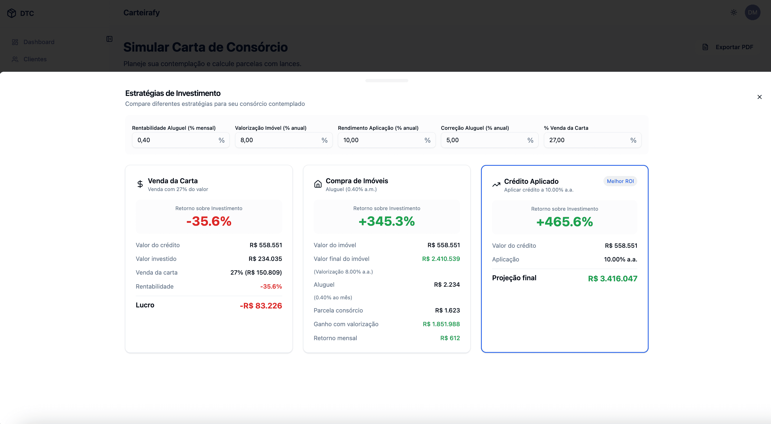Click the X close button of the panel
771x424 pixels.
coord(759,97)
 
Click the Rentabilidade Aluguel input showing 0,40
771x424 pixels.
coord(176,140)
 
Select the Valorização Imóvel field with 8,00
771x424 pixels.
coord(280,140)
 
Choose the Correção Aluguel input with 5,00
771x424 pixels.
coord(486,140)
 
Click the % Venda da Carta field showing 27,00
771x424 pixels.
coord(588,140)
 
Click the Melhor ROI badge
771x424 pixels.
coord(620,181)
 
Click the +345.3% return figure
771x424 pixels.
coord(386,221)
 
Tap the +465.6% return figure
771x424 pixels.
coord(564,222)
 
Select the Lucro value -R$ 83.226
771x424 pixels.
coord(261,306)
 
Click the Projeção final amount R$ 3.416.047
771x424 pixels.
coord(612,278)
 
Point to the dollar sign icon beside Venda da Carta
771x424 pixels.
coord(140,184)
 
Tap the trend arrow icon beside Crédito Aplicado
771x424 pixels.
coord(496,185)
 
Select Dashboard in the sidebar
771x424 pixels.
coord(39,42)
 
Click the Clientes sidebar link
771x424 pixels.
coord(35,59)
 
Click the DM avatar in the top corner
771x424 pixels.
coord(752,12)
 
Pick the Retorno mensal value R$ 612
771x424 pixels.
coord(450,338)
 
